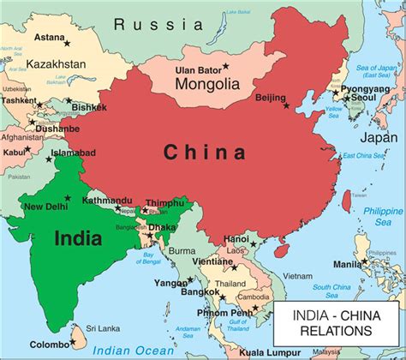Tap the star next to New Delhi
tap(68, 197)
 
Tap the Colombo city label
tap(50, 343)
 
